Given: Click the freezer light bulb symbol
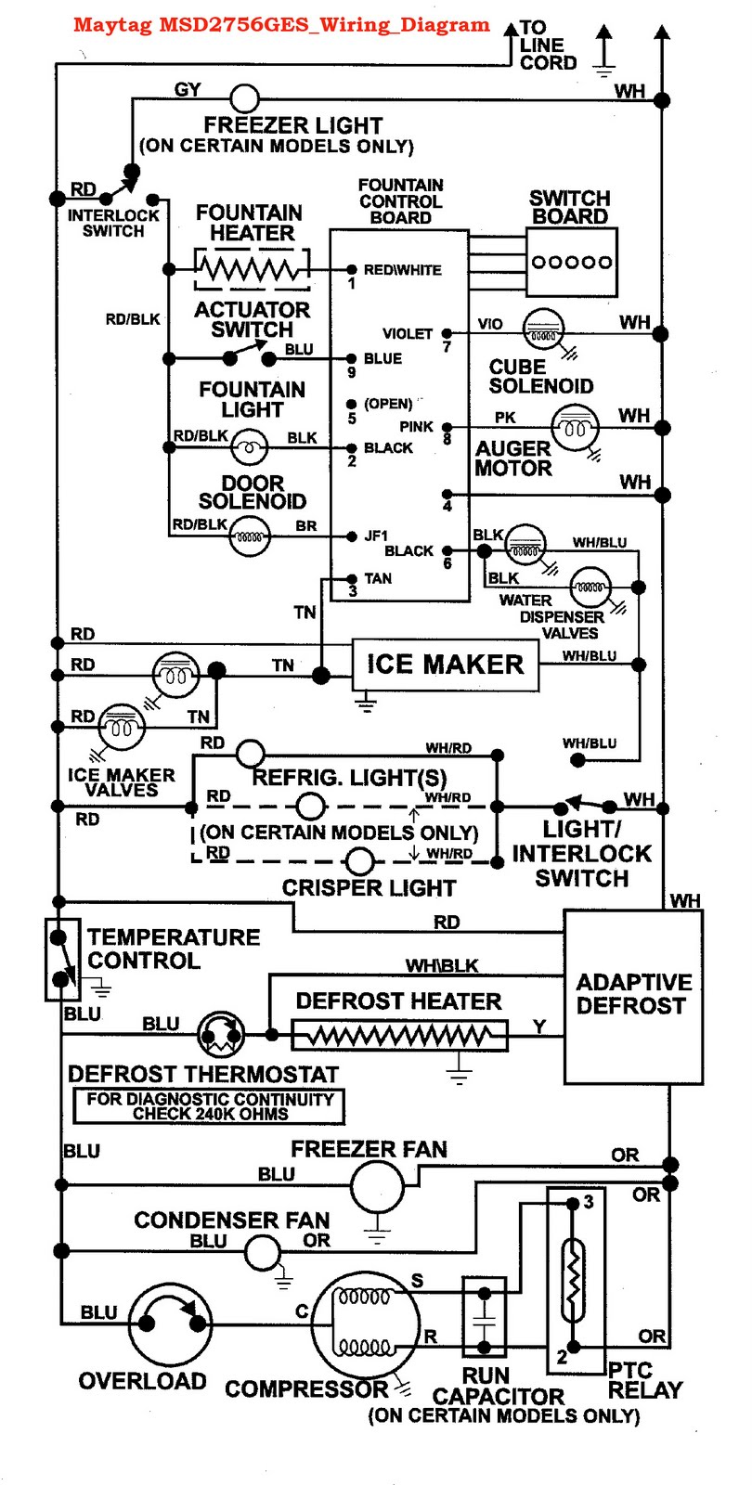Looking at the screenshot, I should [244, 98].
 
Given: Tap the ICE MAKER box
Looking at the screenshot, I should [445, 665].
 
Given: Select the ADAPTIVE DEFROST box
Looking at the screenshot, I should [633, 996].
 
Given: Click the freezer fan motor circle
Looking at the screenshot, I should [377, 1185].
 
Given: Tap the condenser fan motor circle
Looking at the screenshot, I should [263, 1252].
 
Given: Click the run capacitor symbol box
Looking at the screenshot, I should [484, 1317].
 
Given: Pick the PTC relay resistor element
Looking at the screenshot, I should [574, 1281].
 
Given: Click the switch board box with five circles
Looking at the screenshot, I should [571, 263].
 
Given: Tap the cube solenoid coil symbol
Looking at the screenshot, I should [543, 331].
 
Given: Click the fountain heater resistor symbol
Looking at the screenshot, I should [251, 270].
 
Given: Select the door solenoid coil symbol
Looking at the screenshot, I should [250, 536].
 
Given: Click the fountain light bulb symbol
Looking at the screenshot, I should [249, 449].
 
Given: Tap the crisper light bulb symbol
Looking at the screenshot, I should [360, 861].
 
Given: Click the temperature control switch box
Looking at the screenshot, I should [61, 959].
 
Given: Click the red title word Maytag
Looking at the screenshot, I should [112, 25].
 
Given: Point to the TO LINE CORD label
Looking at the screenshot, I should [547, 45].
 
